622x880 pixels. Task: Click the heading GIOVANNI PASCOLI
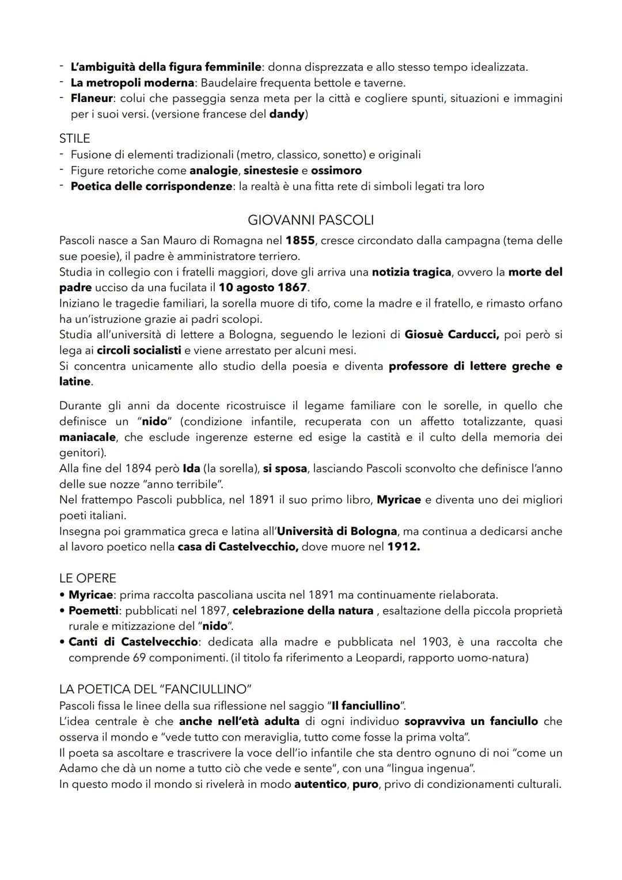pyautogui.click(x=310, y=220)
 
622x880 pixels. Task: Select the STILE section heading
pyautogui.click(x=74, y=138)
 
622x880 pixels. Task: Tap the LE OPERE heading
pyautogui.click(x=88, y=578)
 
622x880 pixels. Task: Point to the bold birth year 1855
pyautogui.click(x=299, y=240)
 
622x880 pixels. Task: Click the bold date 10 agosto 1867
pyautogui.click(x=263, y=287)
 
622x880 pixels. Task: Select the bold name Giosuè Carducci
pyautogui.click(x=452, y=334)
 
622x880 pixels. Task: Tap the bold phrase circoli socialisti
pyautogui.click(x=139, y=350)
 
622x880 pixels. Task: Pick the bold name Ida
pyautogui.click(x=191, y=469)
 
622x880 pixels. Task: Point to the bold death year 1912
pyautogui.click(x=403, y=547)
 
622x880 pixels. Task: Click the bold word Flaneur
pyautogui.click(x=92, y=98)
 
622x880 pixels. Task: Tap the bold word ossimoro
pyautogui.click(x=336, y=171)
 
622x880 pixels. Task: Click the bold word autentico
pyautogui.click(x=320, y=784)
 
